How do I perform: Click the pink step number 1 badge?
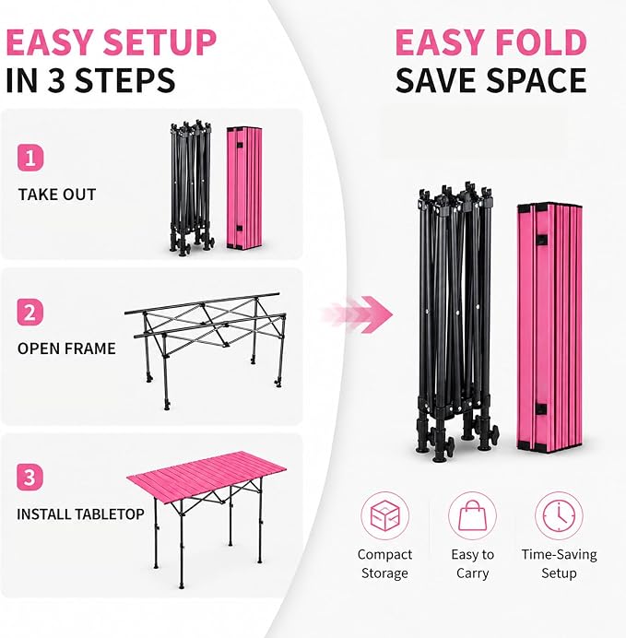(x=30, y=158)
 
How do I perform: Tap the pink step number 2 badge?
(x=30, y=312)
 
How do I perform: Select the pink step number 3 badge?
(x=30, y=477)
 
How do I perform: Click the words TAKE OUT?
(x=57, y=195)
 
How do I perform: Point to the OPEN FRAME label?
(x=66, y=349)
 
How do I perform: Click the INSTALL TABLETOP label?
(x=80, y=514)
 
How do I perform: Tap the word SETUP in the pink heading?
(x=159, y=42)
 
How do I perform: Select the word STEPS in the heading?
(x=125, y=80)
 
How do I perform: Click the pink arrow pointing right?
(x=358, y=314)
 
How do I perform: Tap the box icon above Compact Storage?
(x=384, y=515)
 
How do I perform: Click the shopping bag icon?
(x=472, y=515)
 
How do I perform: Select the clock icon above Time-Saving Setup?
(x=559, y=515)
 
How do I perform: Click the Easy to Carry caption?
(x=472, y=563)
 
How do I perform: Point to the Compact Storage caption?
(x=384, y=563)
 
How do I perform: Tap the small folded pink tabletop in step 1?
(x=244, y=187)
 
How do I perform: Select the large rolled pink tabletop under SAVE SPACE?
(x=549, y=327)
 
